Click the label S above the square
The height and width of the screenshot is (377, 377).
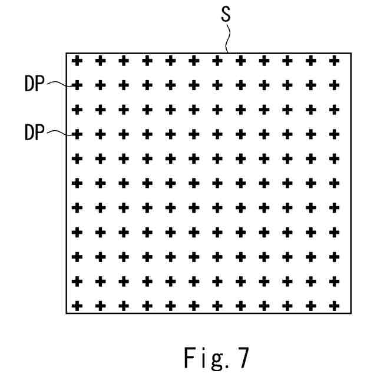[226, 15]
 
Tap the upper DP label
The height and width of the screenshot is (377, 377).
[35, 84]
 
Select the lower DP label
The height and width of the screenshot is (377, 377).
[35, 133]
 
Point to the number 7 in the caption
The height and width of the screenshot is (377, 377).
[243, 357]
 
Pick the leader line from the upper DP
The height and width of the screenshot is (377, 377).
[58, 84]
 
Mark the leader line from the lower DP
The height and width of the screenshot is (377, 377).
[58, 133]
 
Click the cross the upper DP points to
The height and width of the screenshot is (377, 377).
[76, 85]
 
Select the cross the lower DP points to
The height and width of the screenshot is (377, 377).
[76, 134]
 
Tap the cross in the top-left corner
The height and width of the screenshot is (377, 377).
[76, 60]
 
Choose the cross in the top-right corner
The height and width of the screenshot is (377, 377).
[335, 60]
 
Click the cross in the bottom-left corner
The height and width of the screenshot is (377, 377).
[76, 306]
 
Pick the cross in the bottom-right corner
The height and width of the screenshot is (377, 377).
[335, 306]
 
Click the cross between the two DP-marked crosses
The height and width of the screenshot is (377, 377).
[76, 110]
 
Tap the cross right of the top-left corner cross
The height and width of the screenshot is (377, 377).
[100, 60]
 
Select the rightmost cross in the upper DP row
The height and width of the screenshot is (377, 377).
[335, 85]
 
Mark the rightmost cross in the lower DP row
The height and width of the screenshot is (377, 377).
[335, 134]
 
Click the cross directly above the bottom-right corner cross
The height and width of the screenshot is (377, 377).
[335, 281]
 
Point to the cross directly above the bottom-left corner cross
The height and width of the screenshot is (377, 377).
[76, 281]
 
